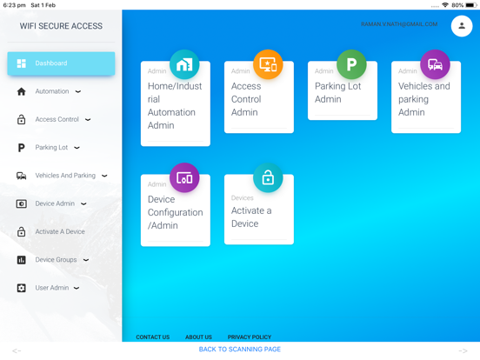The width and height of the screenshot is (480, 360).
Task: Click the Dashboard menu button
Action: click(x=61, y=63)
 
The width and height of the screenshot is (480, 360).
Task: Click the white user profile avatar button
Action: click(x=462, y=26)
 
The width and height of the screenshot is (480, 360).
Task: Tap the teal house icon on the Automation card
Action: click(x=184, y=64)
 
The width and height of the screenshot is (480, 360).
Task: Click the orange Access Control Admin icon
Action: click(x=268, y=64)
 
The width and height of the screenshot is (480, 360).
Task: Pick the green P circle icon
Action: click(x=351, y=64)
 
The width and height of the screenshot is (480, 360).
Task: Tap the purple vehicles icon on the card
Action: click(x=435, y=64)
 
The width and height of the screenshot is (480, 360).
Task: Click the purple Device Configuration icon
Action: click(x=184, y=178)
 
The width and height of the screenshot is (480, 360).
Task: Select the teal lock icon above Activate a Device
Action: click(x=268, y=178)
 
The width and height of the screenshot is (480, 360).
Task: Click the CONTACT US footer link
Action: click(x=153, y=337)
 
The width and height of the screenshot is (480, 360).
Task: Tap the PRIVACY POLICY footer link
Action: click(x=250, y=337)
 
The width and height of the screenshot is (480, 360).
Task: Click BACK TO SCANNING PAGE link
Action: click(x=240, y=350)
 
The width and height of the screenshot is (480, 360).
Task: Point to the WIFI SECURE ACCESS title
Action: click(x=61, y=26)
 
